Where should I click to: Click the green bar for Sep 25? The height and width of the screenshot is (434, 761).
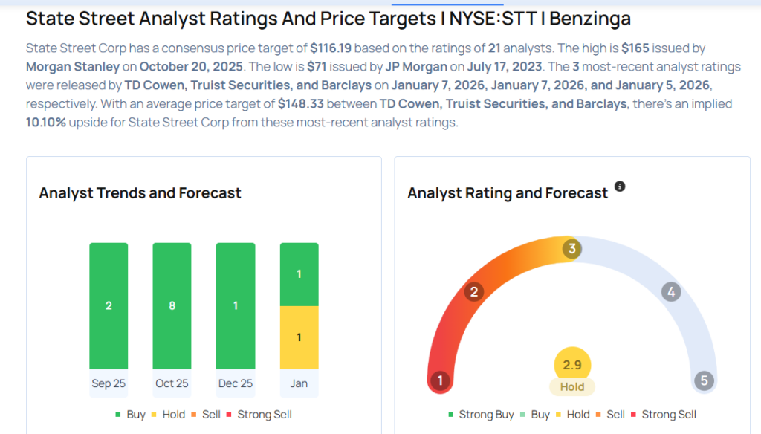[x=109, y=305]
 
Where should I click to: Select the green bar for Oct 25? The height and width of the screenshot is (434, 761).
[x=172, y=305]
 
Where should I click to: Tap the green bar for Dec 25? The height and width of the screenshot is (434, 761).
[x=235, y=305]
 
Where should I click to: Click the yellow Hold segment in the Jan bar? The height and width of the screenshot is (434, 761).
[x=299, y=337]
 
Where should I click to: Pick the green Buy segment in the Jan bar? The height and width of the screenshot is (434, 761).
[x=299, y=274]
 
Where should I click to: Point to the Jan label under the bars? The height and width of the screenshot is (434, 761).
[x=299, y=383]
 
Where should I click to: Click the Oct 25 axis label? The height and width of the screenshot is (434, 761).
[x=172, y=383]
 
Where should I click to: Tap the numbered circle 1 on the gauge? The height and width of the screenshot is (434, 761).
[x=440, y=381]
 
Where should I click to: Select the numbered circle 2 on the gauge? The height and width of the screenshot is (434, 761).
[x=473, y=292]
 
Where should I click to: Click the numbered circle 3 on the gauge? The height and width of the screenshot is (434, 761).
[x=571, y=249]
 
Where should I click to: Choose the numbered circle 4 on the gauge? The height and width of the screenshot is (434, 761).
[x=671, y=292]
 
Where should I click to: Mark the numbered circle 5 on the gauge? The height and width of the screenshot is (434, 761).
[x=704, y=381]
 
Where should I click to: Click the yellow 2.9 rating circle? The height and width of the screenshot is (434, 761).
[x=572, y=364]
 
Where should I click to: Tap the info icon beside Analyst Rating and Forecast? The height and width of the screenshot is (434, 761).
[x=620, y=187]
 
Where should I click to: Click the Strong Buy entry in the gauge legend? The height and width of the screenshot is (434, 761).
[x=481, y=415]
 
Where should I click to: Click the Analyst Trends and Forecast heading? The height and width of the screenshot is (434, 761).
[x=140, y=193]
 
